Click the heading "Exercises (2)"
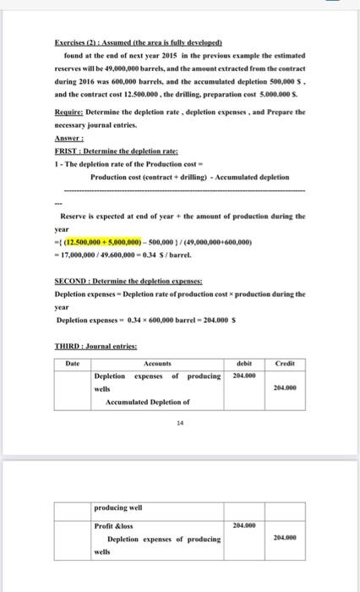[x=81, y=41]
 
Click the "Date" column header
[x=73, y=364]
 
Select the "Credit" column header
[x=286, y=364]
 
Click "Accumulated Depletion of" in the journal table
[x=148, y=403]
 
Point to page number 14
[x=179, y=425]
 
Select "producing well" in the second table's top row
[x=118, y=507]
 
